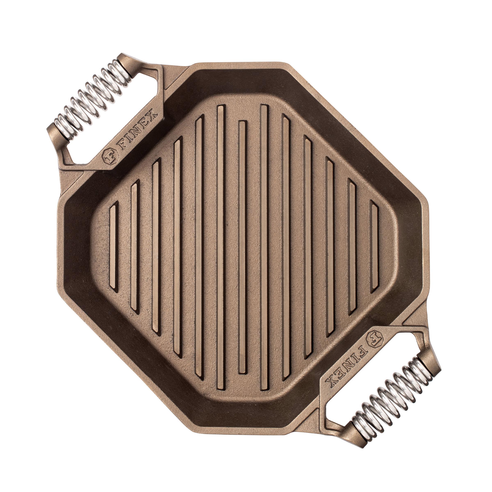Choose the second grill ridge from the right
pos(353,246)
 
